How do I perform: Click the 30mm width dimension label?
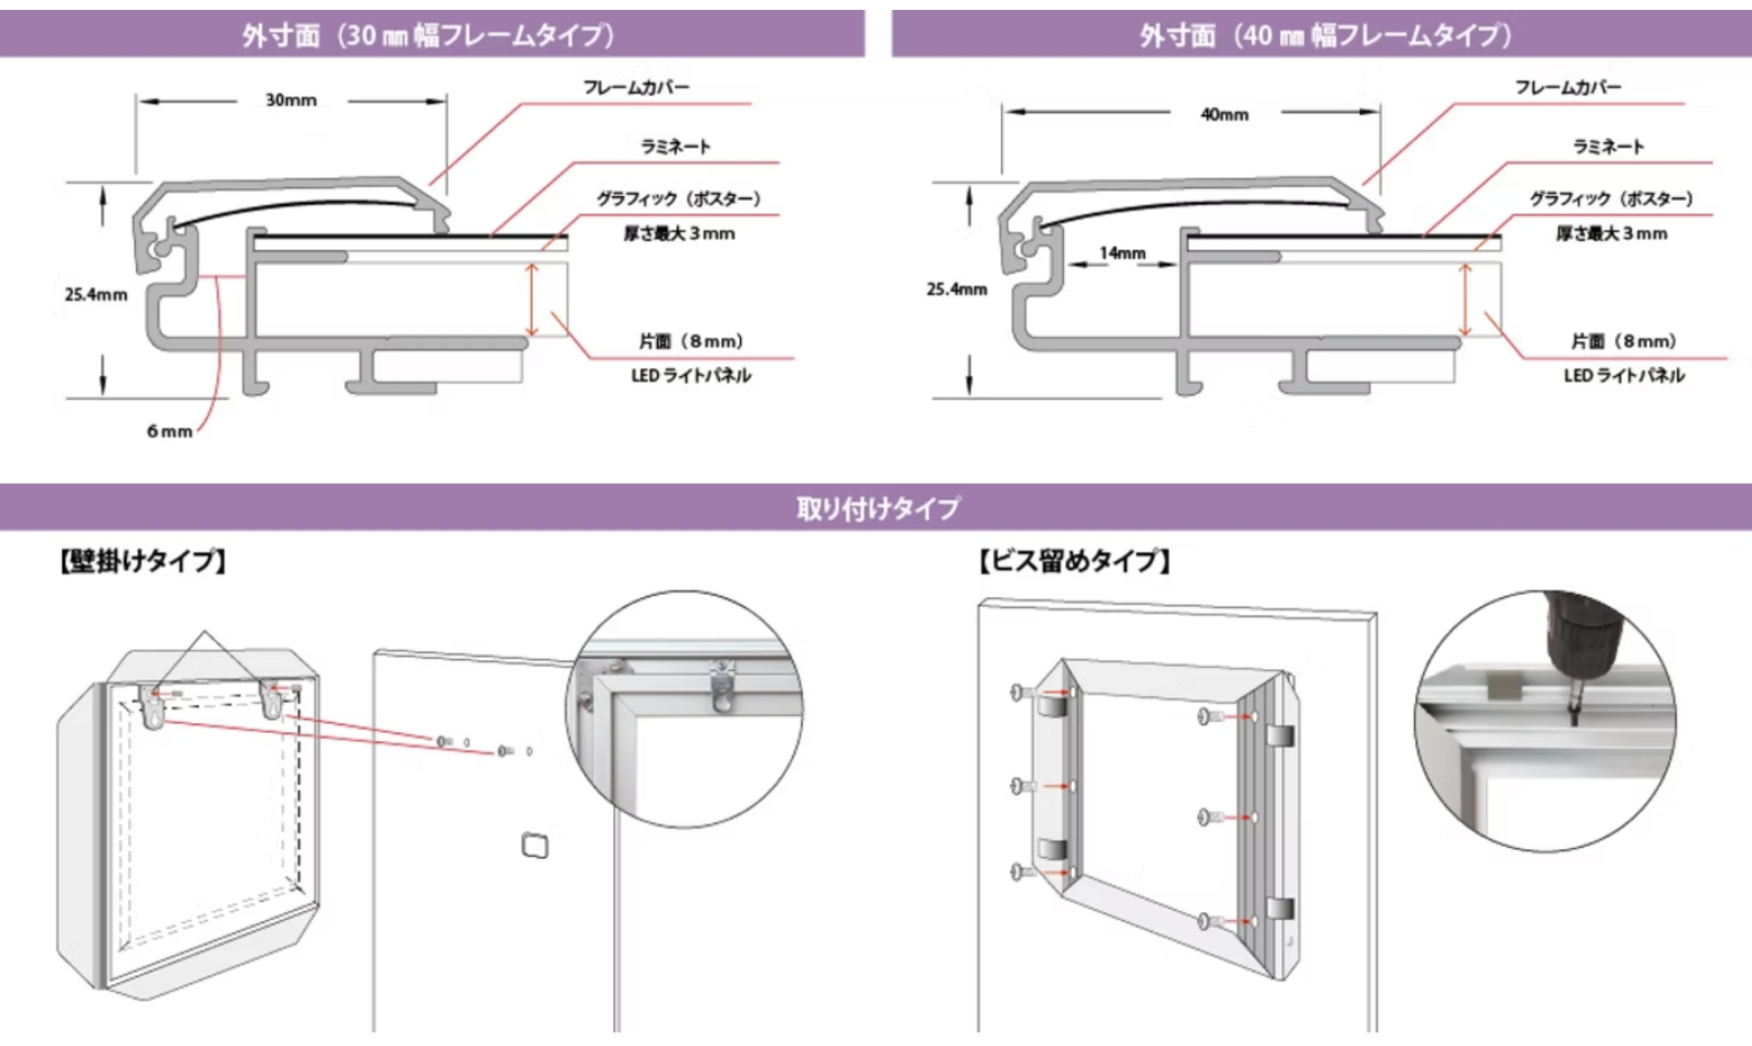click(291, 100)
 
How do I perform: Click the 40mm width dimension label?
click(1225, 115)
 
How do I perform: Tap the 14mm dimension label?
click(1122, 253)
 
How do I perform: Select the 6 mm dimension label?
click(170, 432)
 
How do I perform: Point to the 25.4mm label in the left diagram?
click(96, 295)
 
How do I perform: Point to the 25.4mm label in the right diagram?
click(956, 289)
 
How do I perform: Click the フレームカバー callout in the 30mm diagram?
click(636, 88)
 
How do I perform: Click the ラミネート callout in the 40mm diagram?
click(1608, 147)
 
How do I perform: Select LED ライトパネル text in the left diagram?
click(691, 376)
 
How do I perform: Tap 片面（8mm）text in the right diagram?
click(1623, 341)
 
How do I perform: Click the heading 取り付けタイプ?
click(878, 508)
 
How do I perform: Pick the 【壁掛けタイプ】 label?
click(143, 560)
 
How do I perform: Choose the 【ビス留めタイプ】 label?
click(1075, 560)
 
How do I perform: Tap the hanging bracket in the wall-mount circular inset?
click(722, 686)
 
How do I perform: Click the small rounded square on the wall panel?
click(535, 845)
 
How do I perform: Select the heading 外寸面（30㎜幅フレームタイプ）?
click(429, 35)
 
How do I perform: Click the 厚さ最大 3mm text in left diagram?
click(679, 234)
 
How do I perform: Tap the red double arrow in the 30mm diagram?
click(532, 300)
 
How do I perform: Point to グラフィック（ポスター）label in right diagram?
click(1611, 199)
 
